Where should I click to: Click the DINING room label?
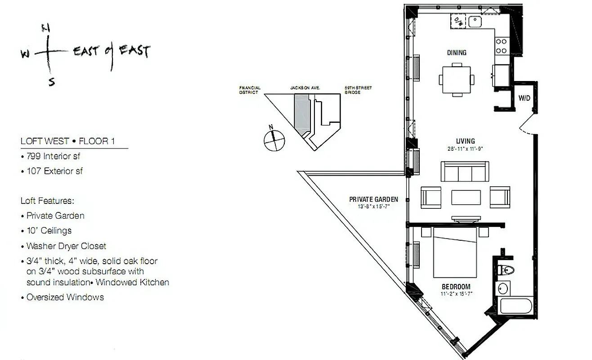pyautogui.click(x=457, y=53)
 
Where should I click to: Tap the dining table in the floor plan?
pyautogui.click(x=457, y=80)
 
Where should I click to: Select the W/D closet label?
pyautogui.click(x=524, y=98)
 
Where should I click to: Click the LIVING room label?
pyautogui.click(x=465, y=141)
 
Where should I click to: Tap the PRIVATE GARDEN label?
pyautogui.click(x=373, y=199)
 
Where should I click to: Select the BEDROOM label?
pyautogui.click(x=456, y=287)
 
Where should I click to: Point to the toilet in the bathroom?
pyautogui.click(x=507, y=270)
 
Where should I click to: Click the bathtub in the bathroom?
pyautogui.click(x=516, y=305)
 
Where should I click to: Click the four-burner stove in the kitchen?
pyautogui.click(x=501, y=45)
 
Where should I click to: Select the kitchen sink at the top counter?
pyautogui.click(x=475, y=21)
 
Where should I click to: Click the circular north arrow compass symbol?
pyautogui.click(x=274, y=139)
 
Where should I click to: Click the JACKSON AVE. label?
pyautogui.click(x=305, y=88)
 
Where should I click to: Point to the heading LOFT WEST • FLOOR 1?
pyautogui.click(x=67, y=141)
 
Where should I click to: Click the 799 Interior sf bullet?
pyautogui.click(x=53, y=157)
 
